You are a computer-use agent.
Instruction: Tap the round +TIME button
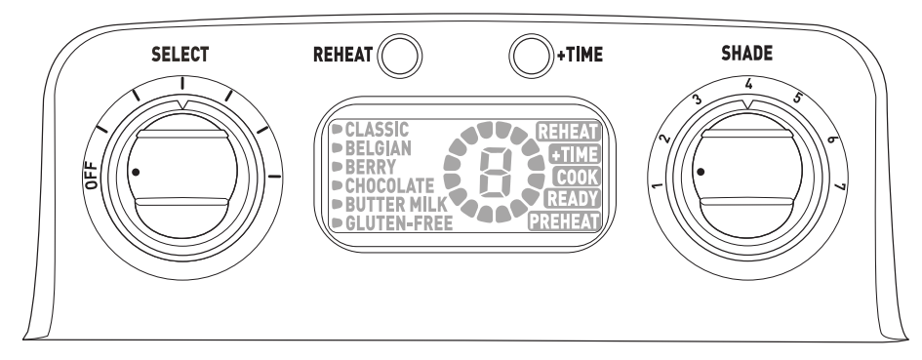[x=530, y=55]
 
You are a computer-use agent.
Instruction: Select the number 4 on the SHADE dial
[x=747, y=86]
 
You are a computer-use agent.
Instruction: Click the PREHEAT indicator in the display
[x=564, y=222]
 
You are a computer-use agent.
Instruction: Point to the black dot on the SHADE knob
[x=700, y=171]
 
